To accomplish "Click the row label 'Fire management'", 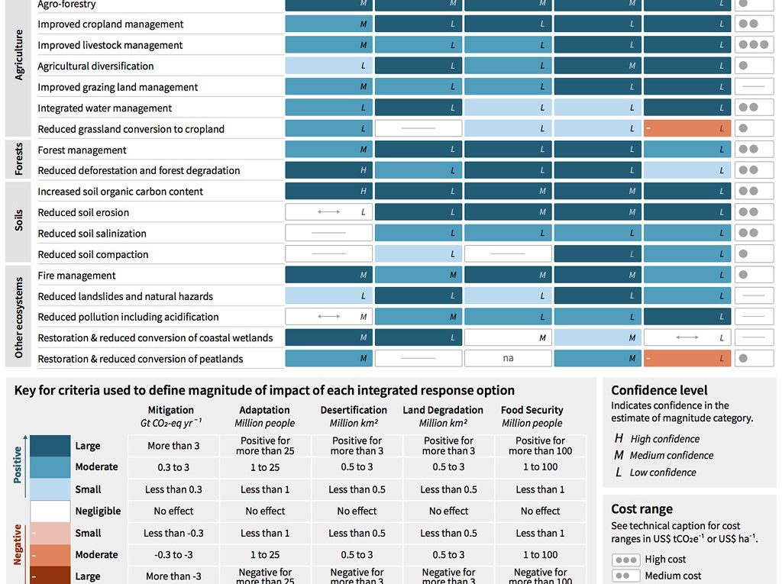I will pos(76,276).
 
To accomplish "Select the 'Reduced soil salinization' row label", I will pos(92,234).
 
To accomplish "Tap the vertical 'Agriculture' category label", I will pos(19,56).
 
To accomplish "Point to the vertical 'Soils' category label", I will pos(19,221).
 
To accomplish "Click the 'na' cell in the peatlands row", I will pos(508,359).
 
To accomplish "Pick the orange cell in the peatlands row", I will pos(687,359).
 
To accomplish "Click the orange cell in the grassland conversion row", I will pos(687,129).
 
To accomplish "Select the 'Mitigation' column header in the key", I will pos(171,410).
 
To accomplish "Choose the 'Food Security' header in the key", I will pos(532,410).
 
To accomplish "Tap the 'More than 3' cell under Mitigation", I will pos(173,446).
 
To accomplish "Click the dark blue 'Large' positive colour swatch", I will pos(50,446).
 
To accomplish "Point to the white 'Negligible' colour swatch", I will pos(50,511).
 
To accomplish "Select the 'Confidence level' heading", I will pos(659,390).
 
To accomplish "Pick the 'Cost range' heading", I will pos(642,509).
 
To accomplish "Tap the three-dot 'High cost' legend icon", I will pos(626,560).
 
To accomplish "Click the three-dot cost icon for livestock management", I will pos(754,45).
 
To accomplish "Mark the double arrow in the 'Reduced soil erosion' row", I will pos(329,212).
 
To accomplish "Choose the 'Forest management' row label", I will pos(82,150).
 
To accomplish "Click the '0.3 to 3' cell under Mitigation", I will pos(173,467).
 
